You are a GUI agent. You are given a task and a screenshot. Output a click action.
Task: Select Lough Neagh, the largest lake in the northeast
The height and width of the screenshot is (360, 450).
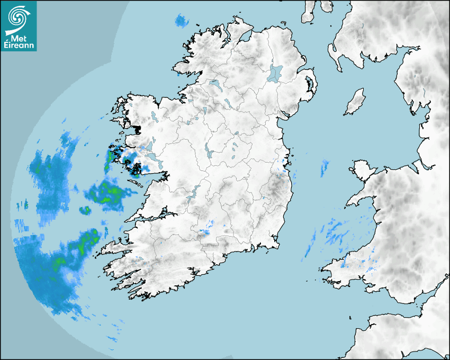coord(276,73)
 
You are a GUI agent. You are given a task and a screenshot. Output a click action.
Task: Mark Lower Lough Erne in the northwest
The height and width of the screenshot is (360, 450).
coord(215,84)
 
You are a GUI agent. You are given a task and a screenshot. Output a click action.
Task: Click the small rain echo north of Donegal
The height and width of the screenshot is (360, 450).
coord(182,22)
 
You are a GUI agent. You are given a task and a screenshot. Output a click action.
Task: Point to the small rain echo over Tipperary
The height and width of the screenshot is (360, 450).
coord(205,231)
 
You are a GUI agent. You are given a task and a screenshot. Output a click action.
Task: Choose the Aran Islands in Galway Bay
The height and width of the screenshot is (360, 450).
coord(134,183)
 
